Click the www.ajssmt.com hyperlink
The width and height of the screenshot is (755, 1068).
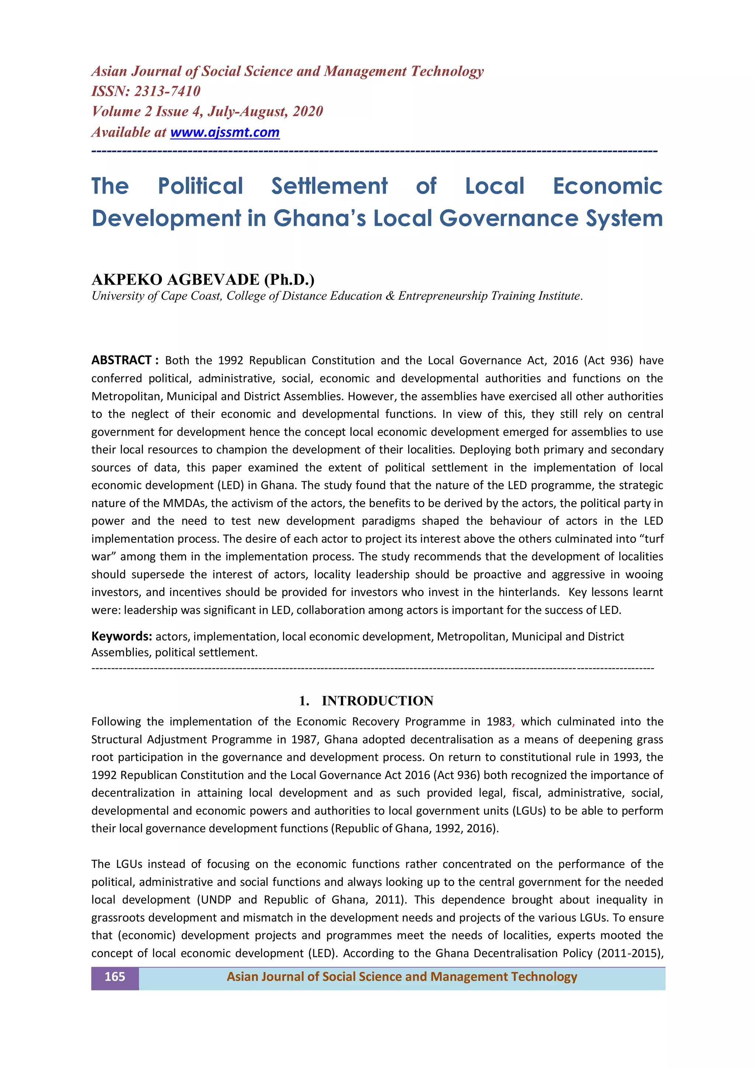pos(225,132)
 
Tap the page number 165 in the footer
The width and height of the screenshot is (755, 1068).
pos(114,977)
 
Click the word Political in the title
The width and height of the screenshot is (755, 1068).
pos(201,186)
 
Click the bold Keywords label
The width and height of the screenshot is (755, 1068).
pos(121,636)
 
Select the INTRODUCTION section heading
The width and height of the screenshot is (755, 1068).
pos(377,701)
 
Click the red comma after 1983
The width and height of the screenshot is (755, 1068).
pos(513,724)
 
